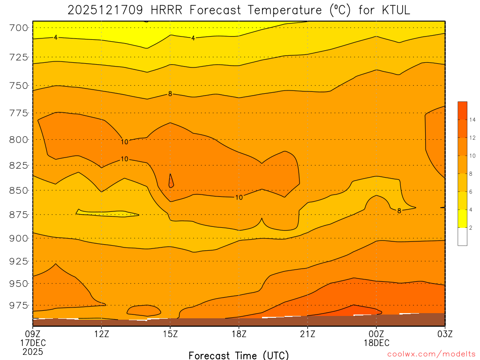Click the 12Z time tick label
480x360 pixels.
[102, 334]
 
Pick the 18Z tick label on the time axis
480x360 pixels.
[239, 334]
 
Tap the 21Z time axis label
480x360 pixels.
[307, 334]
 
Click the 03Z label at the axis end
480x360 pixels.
[444, 334]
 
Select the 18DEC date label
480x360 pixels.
[376, 343]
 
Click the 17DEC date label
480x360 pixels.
[32, 343]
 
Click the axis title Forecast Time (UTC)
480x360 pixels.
[239, 355]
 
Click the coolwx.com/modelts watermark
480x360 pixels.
[431, 354]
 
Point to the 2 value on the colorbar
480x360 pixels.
[471, 227]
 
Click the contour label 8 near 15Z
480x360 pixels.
[170, 94]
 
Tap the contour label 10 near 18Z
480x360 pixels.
[239, 197]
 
